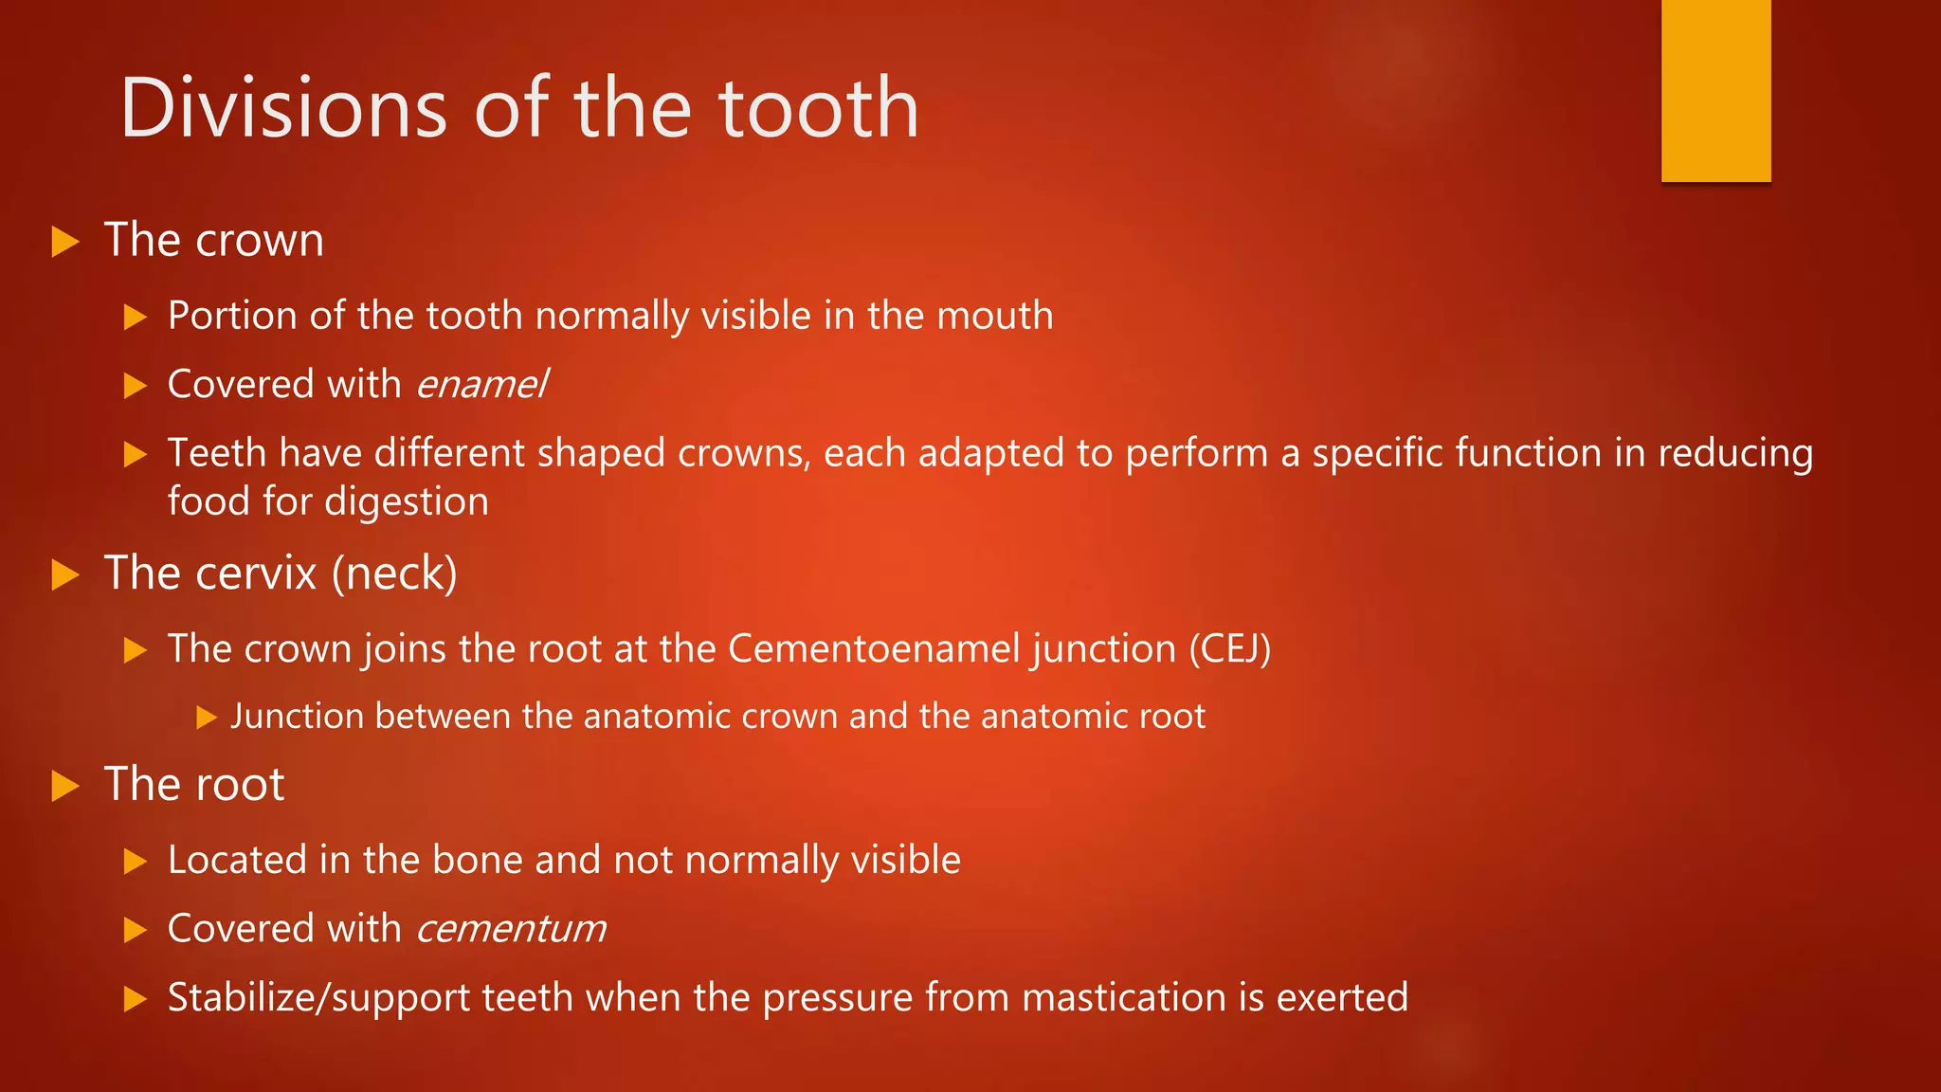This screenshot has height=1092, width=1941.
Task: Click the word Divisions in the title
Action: pos(283,108)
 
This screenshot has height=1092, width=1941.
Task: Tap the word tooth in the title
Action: pos(819,108)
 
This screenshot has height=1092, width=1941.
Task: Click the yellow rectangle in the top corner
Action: pos(1715,90)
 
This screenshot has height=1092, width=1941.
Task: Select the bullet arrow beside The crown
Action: pos(64,241)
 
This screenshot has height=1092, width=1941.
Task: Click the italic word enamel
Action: pos(481,385)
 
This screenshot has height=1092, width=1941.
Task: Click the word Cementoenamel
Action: pos(874,649)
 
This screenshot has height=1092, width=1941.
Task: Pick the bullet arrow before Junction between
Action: pos(207,718)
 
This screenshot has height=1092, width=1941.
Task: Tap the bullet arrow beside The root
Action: pos(64,786)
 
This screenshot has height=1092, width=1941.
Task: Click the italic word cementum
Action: pos(511,929)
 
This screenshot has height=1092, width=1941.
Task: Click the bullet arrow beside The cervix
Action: pos(64,574)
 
